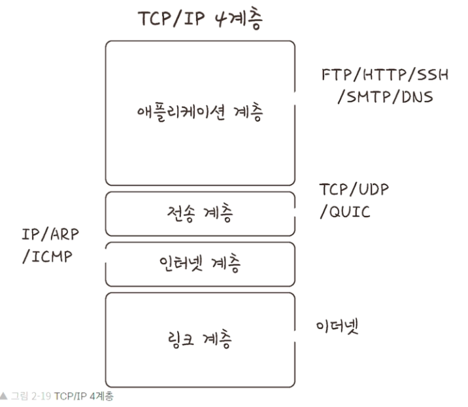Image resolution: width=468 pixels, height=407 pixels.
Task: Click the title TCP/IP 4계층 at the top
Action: coord(199,20)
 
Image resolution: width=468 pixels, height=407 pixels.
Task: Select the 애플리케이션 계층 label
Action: coord(199,113)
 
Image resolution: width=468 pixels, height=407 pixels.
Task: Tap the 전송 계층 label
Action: coord(200,213)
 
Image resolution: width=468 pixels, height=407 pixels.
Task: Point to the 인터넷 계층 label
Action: coord(200,264)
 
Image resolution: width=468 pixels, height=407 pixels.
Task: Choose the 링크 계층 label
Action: coord(200,340)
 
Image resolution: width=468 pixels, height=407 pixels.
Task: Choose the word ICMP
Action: coord(51,256)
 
